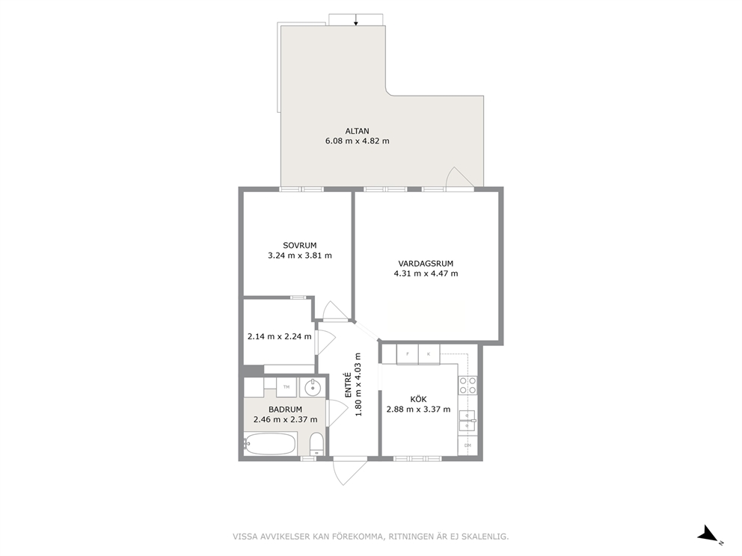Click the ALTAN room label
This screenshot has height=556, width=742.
[358, 131]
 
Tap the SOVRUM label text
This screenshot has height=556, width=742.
[299, 245]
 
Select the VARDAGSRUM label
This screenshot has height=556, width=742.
[426, 263]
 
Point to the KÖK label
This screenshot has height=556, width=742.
[418, 399]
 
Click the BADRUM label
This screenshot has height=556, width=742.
[285, 410]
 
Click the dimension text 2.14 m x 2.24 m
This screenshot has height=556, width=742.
[280, 336]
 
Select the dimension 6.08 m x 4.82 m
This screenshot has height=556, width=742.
[358, 141]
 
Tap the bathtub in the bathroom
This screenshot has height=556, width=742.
[270, 443]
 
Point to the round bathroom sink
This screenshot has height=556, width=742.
[313, 388]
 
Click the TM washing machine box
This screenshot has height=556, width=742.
[286, 387]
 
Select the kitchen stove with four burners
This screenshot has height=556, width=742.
[467, 386]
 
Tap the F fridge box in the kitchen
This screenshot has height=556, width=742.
[408, 354]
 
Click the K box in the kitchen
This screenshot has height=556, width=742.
[429, 354]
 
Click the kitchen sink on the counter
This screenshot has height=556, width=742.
[467, 421]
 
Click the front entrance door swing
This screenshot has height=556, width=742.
[349, 471]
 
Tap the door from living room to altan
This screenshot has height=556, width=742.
[459, 178]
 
